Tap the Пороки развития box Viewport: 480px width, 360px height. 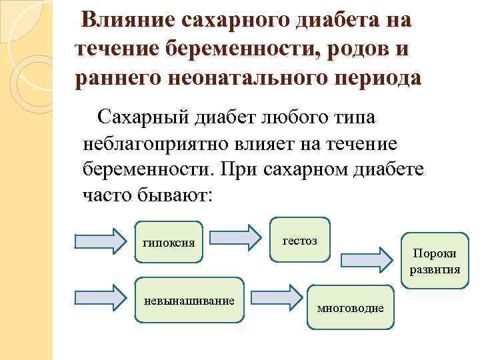435,262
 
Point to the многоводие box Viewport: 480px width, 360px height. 350,307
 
